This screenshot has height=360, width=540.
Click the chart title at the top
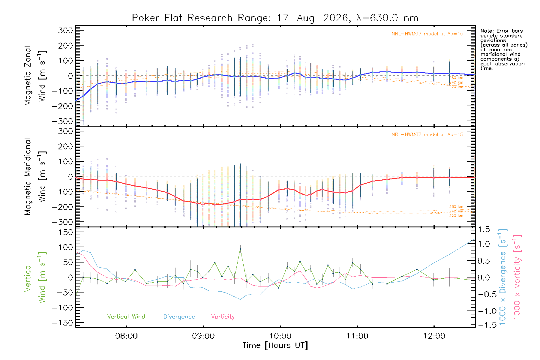[x=275, y=18]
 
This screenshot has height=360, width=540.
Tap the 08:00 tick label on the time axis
[x=126, y=336]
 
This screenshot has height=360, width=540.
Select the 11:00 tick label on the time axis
[x=357, y=336]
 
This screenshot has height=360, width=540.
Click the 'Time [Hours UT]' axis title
[x=275, y=346]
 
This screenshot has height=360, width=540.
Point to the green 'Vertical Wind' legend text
[x=126, y=316]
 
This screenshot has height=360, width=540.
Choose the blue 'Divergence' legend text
[x=179, y=316]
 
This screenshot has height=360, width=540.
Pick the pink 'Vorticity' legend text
[x=223, y=316]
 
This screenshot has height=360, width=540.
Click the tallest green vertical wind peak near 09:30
[x=240, y=249]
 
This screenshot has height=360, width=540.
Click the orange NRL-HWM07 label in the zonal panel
[x=427, y=34]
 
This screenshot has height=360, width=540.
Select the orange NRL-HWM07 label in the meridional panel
[x=427, y=134]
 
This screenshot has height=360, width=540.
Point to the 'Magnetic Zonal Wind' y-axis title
[x=35, y=76]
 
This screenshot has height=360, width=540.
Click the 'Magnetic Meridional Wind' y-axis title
[x=35, y=177]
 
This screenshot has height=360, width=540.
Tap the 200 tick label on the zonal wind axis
[x=66, y=46]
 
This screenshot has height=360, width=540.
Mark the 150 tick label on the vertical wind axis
[x=66, y=232]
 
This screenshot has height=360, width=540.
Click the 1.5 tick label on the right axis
[x=484, y=229]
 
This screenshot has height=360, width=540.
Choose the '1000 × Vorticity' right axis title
[x=517, y=277]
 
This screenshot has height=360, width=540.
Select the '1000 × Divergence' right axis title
[x=503, y=277]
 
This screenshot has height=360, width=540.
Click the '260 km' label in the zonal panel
[x=456, y=78]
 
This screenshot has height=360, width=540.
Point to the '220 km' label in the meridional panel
[x=456, y=216]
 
